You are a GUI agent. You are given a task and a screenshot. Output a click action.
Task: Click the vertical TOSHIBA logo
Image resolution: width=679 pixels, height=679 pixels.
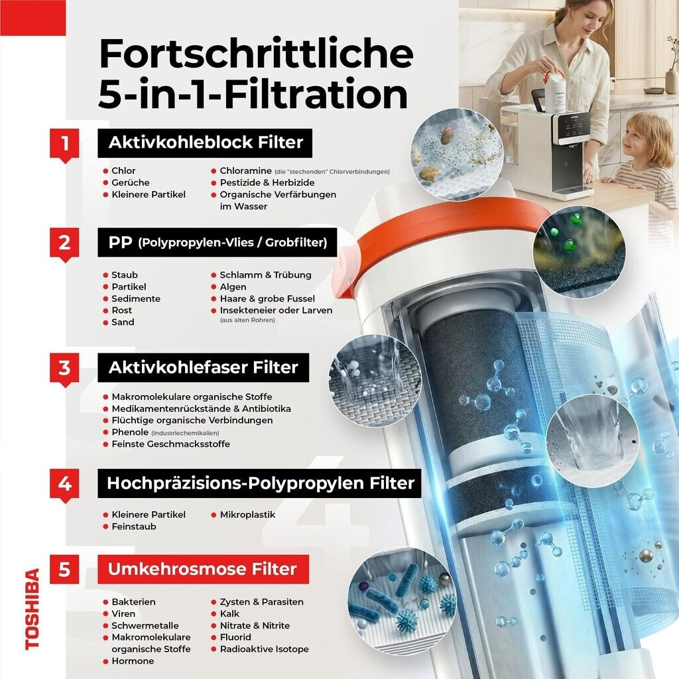[32, 609]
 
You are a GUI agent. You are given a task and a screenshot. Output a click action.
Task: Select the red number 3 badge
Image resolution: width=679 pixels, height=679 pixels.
[64, 369]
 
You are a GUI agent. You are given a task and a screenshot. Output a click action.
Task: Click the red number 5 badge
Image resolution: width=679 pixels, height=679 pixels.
[64, 569]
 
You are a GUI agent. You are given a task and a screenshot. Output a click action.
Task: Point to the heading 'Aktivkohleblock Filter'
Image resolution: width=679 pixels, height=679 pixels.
[206, 143]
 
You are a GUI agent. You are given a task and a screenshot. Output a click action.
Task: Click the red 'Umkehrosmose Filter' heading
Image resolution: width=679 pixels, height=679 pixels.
[203, 569]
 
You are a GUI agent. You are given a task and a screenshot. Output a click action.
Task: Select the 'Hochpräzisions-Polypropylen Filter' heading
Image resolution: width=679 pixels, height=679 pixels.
[260, 483]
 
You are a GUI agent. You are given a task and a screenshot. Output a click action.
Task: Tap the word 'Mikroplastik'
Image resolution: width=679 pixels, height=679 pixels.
[247, 515]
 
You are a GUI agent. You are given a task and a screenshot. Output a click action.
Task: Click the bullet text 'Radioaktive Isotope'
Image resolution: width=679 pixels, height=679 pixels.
[264, 649]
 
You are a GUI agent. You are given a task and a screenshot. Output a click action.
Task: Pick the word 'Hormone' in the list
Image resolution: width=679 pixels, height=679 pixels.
[133, 661]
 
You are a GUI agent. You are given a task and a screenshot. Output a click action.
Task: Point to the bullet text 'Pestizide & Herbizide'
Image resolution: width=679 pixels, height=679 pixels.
[267, 183]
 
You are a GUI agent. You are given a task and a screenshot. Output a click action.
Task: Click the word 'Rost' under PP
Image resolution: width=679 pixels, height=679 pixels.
[122, 310]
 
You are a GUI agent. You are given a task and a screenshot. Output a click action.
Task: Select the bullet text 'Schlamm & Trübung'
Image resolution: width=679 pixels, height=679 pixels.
[265, 275]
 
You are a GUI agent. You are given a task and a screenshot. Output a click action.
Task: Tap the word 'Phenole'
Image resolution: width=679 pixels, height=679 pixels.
[130, 432]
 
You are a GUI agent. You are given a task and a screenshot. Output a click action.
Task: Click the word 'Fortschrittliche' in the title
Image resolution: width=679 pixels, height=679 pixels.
[256, 54]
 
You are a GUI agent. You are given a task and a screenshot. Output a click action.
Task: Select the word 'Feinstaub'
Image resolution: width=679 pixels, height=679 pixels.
[134, 526]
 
